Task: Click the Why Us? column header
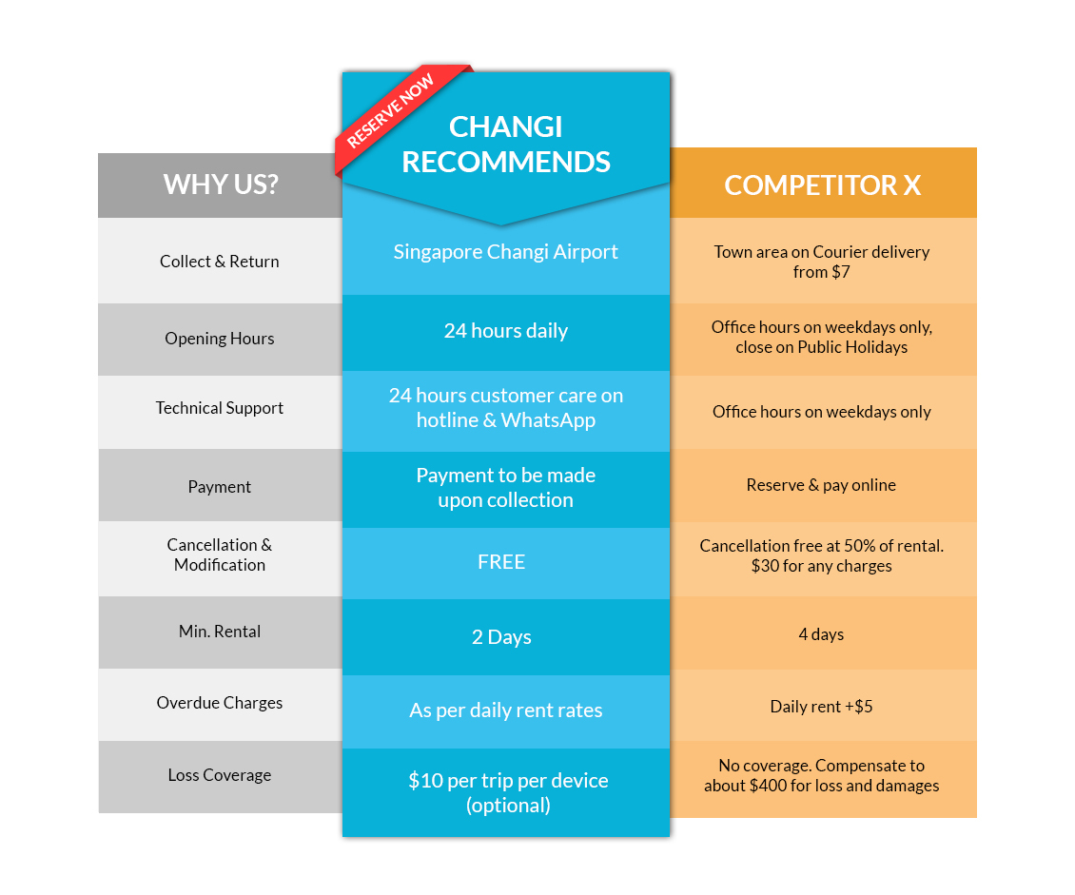pos(221,184)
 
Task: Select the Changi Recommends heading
pos(506,144)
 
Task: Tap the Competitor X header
pos(823,185)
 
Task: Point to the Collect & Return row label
pos(220,262)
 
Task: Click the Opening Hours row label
pos(220,339)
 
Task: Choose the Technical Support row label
pos(220,408)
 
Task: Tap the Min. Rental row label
pos(220,632)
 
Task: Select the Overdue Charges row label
pos(220,703)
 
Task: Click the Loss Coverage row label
pos(220,775)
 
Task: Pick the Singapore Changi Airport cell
pos(506,252)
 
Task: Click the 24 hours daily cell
pos(506,331)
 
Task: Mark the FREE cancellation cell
pos(501,562)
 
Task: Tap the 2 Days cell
pos(501,637)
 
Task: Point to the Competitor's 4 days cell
pos(822,634)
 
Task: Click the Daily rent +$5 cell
pos(822,707)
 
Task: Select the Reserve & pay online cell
pos(822,485)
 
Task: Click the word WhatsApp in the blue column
pos(549,420)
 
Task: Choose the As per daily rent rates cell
pos(506,710)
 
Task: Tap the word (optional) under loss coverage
pos(508,806)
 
